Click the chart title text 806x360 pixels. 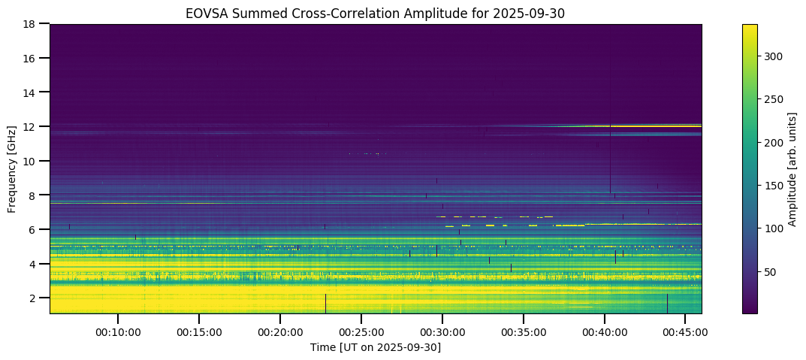[x=376, y=13]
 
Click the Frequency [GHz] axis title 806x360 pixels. [x=13, y=169]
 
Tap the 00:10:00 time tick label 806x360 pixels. [x=117, y=331]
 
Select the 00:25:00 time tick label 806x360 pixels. [x=361, y=331]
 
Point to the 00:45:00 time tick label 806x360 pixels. [x=686, y=331]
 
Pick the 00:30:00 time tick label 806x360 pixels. [x=442, y=331]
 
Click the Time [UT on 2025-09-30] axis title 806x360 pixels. [x=376, y=346]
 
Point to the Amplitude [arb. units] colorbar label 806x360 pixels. [x=792, y=169]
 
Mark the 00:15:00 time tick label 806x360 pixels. [x=198, y=331]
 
